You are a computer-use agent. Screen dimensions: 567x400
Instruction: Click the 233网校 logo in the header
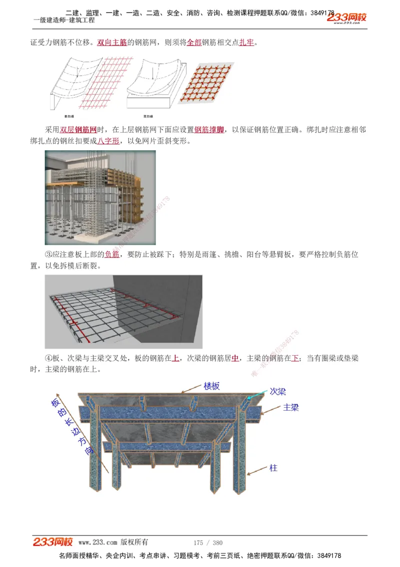pyautogui.click(x=346, y=18)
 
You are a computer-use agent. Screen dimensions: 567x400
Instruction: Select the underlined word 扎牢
pyautogui.click(x=246, y=43)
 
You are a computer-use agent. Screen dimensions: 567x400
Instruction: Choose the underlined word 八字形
pyautogui.click(x=108, y=141)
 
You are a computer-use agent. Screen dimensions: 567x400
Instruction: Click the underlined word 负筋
pyautogui.click(x=112, y=254)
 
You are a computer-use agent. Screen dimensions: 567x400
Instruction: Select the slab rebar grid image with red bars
pyautogui.click(x=123, y=312)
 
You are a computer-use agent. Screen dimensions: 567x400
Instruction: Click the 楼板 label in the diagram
pyautogui.click(x=211, y=386)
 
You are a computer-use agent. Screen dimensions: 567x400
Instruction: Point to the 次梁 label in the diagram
pyautogui.click(x=277, y=391)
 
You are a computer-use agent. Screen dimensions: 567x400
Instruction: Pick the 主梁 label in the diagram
pyautogui.click(x=290, y=407)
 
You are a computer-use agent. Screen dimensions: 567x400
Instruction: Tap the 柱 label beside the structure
pyautogui.click(x=273, y=468)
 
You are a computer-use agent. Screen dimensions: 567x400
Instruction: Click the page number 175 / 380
pyautogui.click(x=208, y=542)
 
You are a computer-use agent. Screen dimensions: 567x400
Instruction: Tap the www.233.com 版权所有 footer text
pyautogui.click(x=113, y=542)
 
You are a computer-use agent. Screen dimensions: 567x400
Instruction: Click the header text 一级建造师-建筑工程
pyautogui.click(x=63, y=20)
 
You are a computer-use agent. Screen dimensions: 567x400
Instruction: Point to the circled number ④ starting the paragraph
pyautogui.click(x=48, y=359)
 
